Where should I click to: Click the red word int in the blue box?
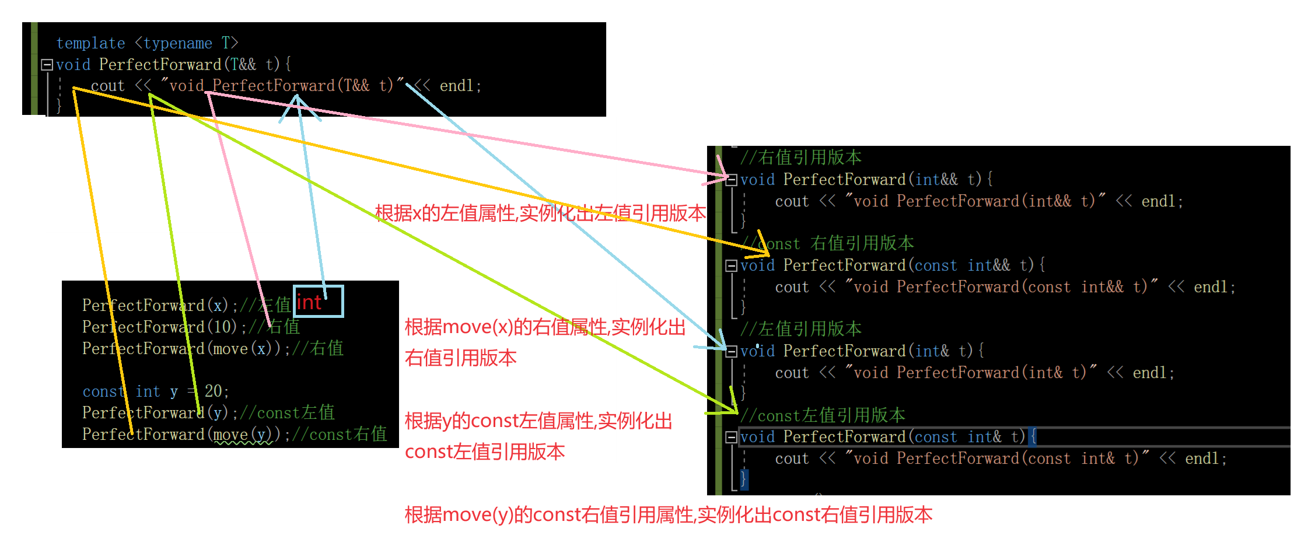click(x=309, y=302)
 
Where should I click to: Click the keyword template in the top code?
click(x=90, y=43)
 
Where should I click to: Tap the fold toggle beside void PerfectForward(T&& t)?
click(x=47, y=65)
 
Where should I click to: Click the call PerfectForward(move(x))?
click(x=181, y=348)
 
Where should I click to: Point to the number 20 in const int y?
click(x=213, y=391)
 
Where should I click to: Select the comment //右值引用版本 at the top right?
click(x=800, y=157)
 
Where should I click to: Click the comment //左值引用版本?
click(x=800, y=329)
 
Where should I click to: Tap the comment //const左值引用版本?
click(x=823, y=415)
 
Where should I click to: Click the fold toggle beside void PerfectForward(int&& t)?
click(x=732, y=180)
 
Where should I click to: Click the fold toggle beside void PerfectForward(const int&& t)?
click(x=732, y=266)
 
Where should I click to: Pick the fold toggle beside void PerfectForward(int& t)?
click(x=732, y=351)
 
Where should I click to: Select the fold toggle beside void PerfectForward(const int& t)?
click(x=732, y=437)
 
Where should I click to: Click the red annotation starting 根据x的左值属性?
click(x=540, y=213)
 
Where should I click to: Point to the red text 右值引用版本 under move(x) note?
click(x=461, y=358)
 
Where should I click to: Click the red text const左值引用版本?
click(x=485, y=452)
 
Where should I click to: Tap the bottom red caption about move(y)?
click(x=669, y=514)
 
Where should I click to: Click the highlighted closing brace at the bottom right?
click(x=743, y=480)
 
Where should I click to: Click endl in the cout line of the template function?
click(x=457, y=86)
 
